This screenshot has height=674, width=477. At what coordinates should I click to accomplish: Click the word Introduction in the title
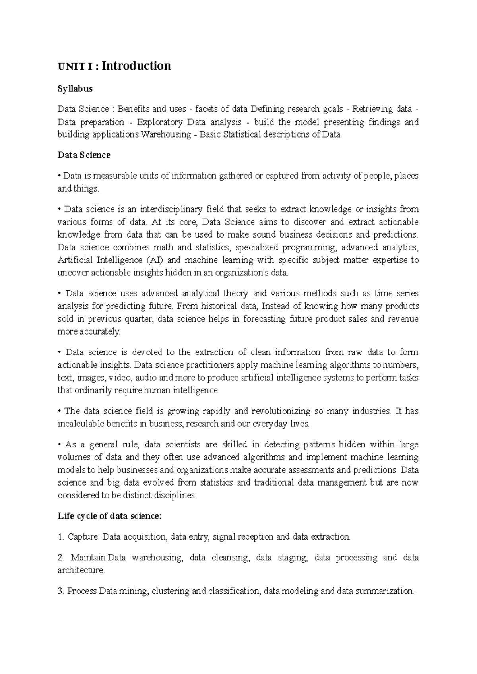136,66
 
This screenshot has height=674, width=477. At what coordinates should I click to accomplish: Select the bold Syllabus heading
75,89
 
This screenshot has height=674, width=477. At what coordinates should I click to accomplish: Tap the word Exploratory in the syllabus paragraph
160,122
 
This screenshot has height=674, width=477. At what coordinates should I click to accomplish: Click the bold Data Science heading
84,155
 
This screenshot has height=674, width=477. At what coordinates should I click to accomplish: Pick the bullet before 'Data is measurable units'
59,176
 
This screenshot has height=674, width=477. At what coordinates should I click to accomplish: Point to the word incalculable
83,424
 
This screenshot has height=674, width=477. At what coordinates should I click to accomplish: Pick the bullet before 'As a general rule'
59,445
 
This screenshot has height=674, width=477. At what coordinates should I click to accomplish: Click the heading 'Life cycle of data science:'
110,516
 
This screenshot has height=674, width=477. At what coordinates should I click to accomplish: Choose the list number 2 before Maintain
60,558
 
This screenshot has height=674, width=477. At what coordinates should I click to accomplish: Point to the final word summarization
384,591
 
